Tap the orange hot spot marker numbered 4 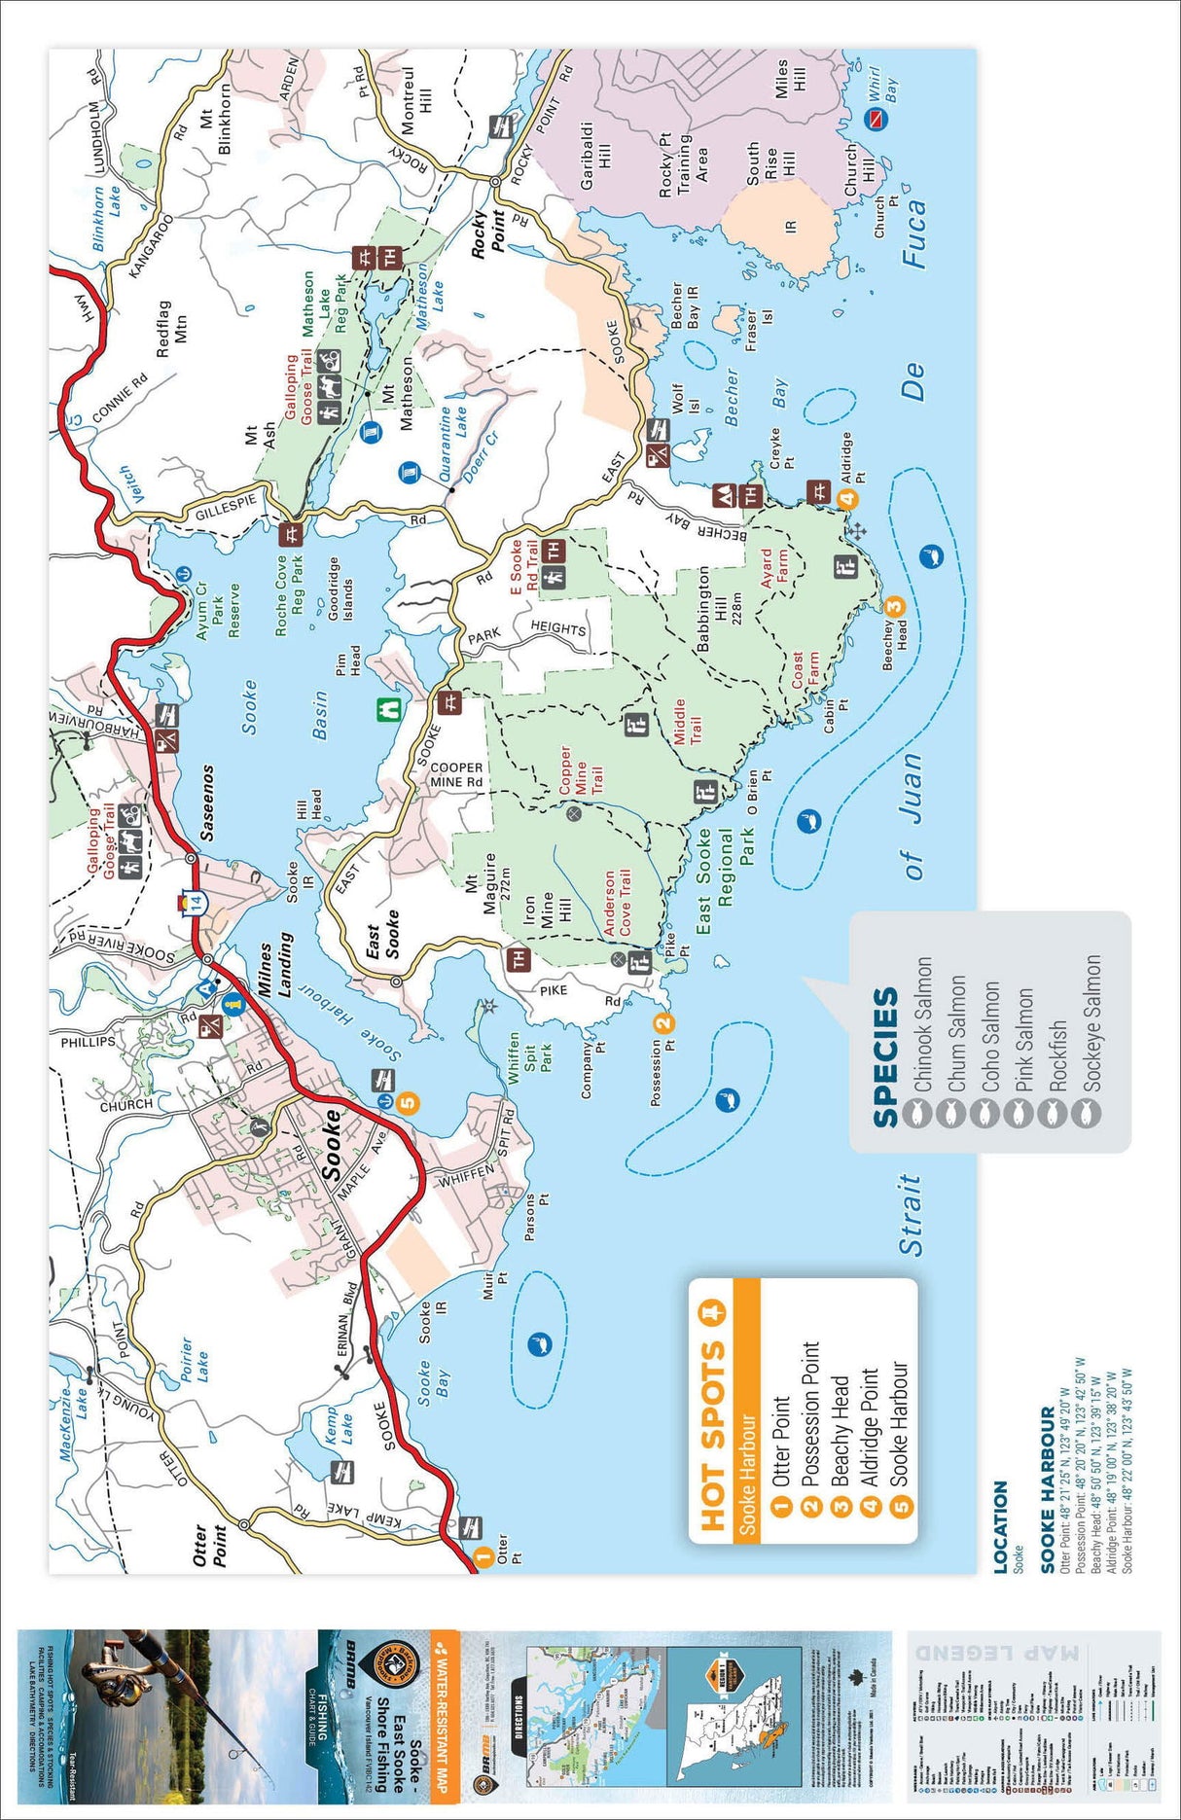(x=847, y=499)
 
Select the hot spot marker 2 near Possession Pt (x=662, y=1022)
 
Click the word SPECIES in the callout (x=885, y=1057)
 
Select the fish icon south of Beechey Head (x=931, y=557)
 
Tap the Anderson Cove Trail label (x=616, y=904)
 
